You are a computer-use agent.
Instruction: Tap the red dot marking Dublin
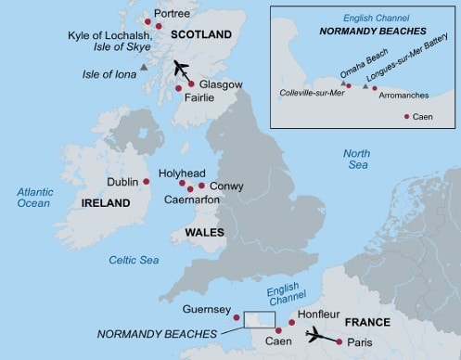click(x=147, y=182)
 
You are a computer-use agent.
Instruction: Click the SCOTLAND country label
click(x=202, y=34)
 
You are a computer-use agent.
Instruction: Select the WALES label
click(x=202, y=231)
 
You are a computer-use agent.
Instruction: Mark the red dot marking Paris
click(x=339, y=342)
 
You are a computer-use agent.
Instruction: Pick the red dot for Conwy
click(x=201, y=185)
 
